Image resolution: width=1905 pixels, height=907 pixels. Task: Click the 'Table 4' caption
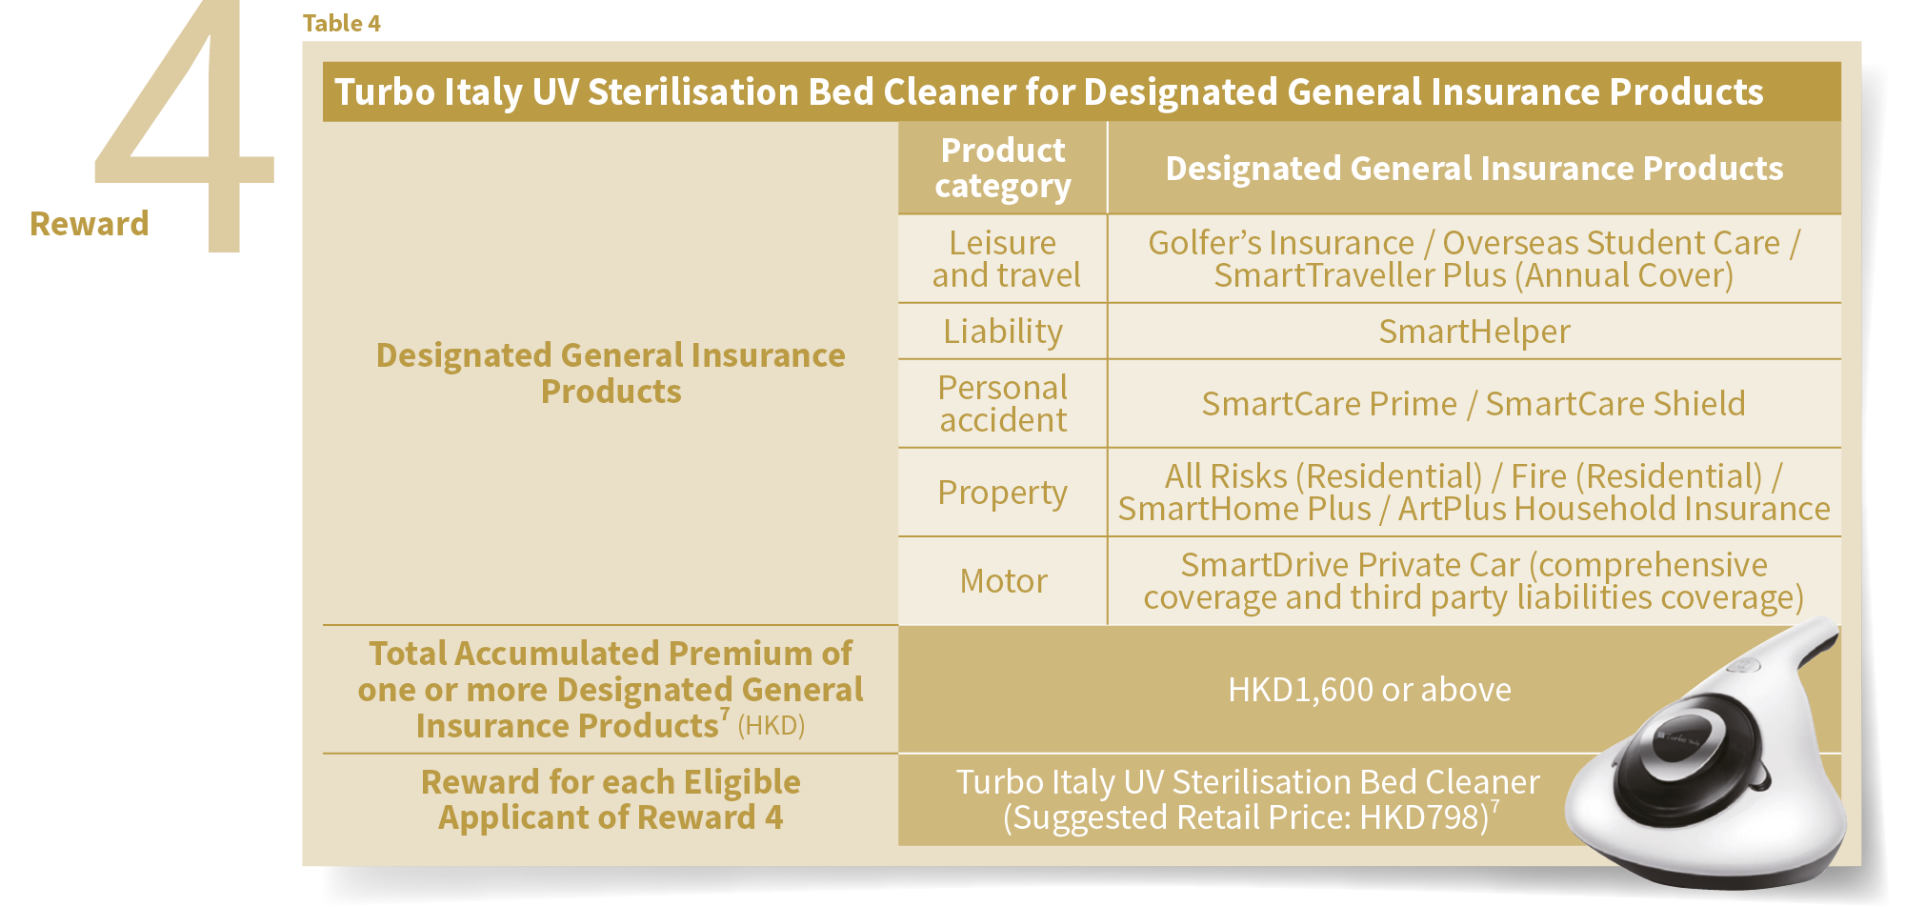[x=341, y=23]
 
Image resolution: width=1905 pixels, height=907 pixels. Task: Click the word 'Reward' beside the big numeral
[x=90, y=224]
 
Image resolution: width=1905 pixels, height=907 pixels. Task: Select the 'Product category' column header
[x=1003, y=168]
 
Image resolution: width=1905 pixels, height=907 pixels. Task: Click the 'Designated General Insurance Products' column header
[x=1474, y=169]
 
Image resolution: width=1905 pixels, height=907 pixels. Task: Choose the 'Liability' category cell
[x=1003, y=332]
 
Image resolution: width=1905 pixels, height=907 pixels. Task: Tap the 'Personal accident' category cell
[x=1003, y=404]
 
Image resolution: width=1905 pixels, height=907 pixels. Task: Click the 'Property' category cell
[x=1002, y=493]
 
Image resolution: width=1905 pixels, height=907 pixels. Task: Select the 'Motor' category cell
[x=1004, y=581]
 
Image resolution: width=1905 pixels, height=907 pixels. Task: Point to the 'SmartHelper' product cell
[x=1474, y=332]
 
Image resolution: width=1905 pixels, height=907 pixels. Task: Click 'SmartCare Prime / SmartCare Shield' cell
[x=1474, y=404]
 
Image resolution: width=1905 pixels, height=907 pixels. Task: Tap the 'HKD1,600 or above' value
[x=1370, y=690]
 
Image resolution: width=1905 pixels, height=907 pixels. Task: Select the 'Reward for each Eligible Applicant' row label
[x=611, y=799]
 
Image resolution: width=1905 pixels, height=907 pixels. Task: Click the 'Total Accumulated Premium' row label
[x=611, y=690]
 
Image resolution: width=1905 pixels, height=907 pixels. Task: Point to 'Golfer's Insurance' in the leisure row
[x=1281, y=243]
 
